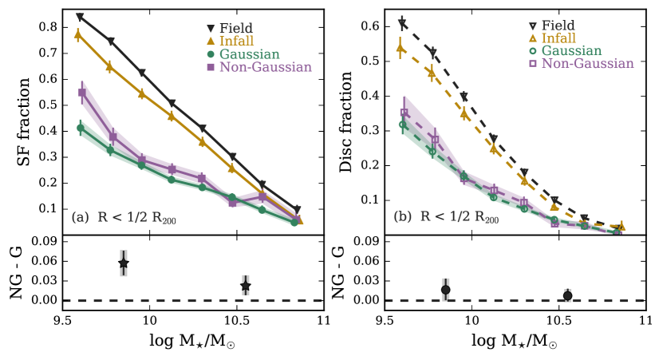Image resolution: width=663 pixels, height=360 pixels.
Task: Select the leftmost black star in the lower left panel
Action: pyautogui.click(x=124, y=263)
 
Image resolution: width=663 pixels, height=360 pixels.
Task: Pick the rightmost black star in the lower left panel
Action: pyautogui.click(x=246, y=286)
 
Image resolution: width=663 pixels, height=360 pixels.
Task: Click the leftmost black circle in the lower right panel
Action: pyautogui.click(x=446, y=290)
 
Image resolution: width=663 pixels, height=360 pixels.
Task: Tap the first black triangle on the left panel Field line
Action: pyautogui.click(x=80, y=17)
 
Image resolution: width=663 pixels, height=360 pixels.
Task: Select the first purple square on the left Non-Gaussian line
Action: pyautogui.click(x=81, y=93)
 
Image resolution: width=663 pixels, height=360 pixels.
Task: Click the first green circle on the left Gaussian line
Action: pyautogui.click(x=80, y=128)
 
